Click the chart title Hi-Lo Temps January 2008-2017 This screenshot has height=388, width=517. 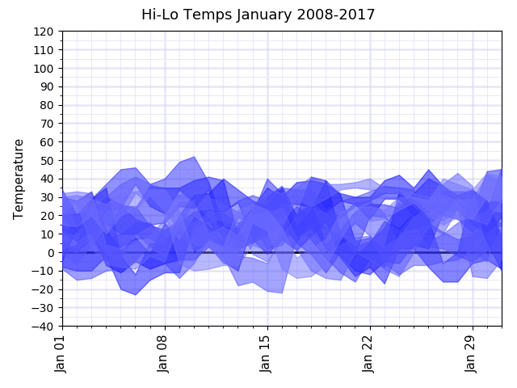(x=258, y=15)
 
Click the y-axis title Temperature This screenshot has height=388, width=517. (x=19, y=179)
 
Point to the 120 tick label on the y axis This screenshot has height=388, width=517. (x=44, y=32)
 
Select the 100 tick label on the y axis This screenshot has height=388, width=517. (x=44, y=69)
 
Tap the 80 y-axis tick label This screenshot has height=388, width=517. (x=47, y=106)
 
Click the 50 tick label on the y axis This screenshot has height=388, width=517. (x=47, y=161)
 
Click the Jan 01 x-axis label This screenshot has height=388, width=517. (x=61, y=354)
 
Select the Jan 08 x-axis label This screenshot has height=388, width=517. (x=164, y=354)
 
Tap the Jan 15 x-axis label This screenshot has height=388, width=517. (x=267, y=354)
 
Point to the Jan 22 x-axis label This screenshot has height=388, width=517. (x=369, y=354)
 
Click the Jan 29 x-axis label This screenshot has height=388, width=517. (x=472, y=354)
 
